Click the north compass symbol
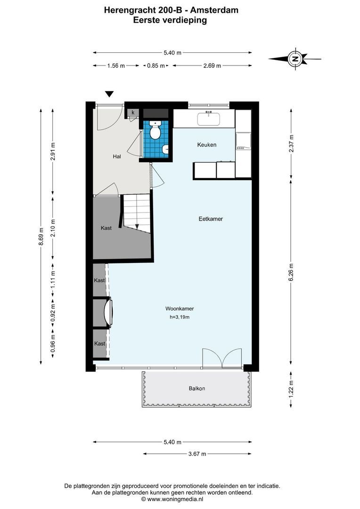pos(295,59)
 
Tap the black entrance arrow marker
pos(110,94)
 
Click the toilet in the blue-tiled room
pos(155,130)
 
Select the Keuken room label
pos(206,145)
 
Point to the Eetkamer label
pos(210,219)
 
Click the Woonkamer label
pos(180,309)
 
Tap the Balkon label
pos(197,388)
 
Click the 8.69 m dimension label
pos(41,237)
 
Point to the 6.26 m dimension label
pos(291,272)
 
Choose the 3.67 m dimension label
pos(196,454)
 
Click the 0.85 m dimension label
pos(155,66)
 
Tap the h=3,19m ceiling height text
pos(180,317)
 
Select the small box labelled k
pos(133,112)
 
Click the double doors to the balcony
pos(222,358)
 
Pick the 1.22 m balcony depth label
pos(291,389)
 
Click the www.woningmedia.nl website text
pos(175,499)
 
